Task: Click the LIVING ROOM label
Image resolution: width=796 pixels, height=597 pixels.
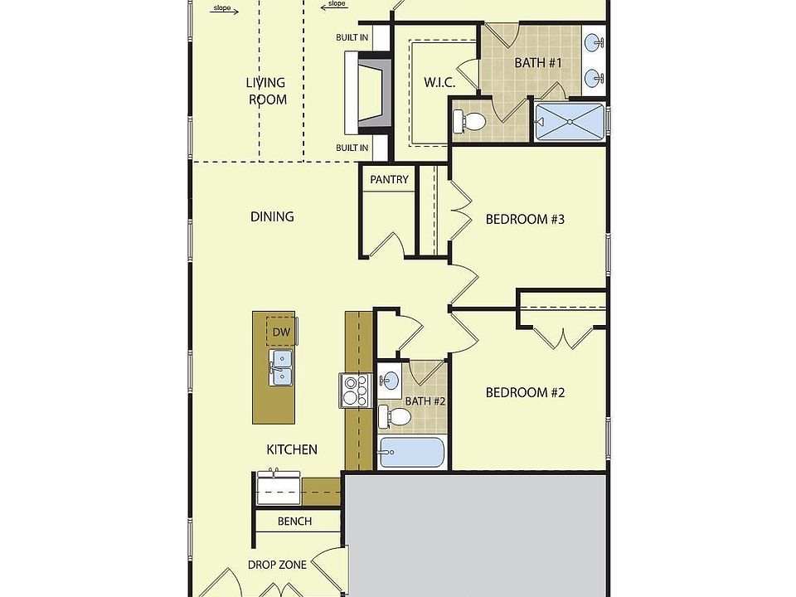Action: coord(266,91)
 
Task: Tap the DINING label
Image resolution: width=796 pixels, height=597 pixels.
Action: coord(272,217)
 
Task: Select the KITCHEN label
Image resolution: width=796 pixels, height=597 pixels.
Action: coord(291,450)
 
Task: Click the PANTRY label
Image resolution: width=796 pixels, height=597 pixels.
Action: coord(389,180)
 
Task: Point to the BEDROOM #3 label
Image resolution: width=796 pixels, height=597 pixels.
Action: coord(525,220)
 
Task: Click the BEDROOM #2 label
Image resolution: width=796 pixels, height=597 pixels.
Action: coord(525,392)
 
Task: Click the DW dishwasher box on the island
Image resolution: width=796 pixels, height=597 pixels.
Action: coord(281,332)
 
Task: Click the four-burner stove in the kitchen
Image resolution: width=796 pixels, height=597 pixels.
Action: coord(355,390)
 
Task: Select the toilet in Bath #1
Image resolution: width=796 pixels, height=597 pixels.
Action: coord(470,122)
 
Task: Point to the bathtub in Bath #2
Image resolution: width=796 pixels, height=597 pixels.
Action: coord(411,453)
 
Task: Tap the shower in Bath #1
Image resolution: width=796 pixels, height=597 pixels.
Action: coord(570,121)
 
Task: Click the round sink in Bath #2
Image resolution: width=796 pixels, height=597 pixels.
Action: coord(389,381)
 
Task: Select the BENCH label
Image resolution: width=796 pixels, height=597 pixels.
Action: coord(295,522)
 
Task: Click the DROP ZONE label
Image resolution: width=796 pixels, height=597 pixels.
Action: coord(277,565)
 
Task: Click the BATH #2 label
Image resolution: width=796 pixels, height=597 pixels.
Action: coord(425,401)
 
